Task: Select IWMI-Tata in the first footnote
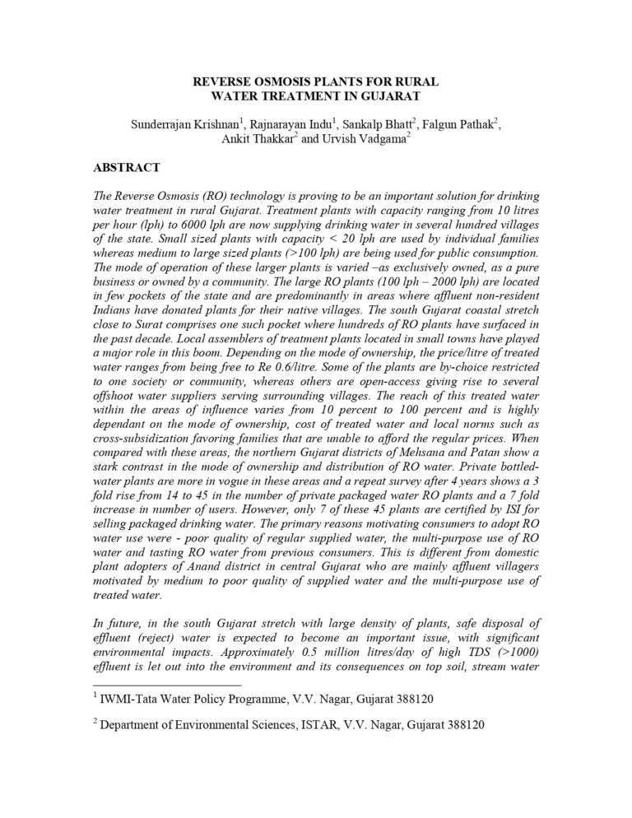(134, 699)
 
